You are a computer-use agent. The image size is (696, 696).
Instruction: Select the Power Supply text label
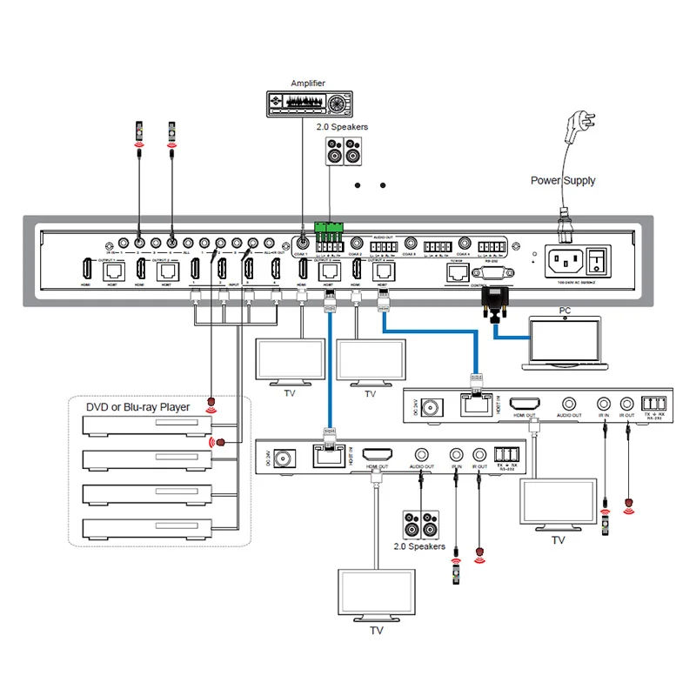[x=563, y=181]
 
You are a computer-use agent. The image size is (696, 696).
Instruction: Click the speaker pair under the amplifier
[x=342, y=151]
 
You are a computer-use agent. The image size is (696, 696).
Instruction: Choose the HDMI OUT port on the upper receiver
[x=527, y=404]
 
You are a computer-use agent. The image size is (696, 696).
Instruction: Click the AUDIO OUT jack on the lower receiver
[x=421, y=454]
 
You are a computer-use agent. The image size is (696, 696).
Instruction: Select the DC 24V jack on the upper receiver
[x=432, y=405]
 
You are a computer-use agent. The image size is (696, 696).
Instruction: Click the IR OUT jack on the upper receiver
[x=626, y=404]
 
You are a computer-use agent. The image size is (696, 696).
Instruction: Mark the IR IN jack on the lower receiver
[x=454, y=454]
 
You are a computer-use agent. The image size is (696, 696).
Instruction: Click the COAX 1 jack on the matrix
[x=302, y=246]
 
